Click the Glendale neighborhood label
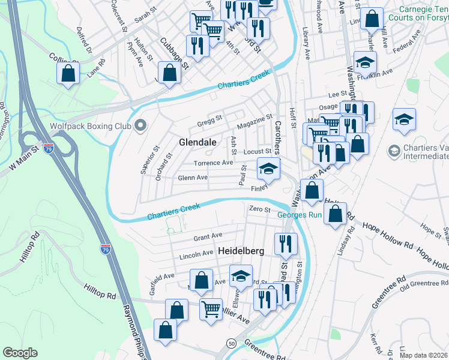(x=197, y=142)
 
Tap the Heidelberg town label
(x=241, y=251)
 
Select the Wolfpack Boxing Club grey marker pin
(x=141, y=126)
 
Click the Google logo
(x=20, y=353)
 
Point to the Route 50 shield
(x=231, y=342)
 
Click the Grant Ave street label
(x=208, y=236)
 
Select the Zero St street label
(x=260, y=208)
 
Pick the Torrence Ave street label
(x=212, y=163)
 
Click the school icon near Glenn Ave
(x=268, y=169)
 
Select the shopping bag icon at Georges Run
(x=336, y=214)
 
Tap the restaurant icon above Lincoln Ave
(x=285, y=243)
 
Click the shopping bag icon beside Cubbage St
(x=170, y=73)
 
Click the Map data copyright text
(x=420, y=355)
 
